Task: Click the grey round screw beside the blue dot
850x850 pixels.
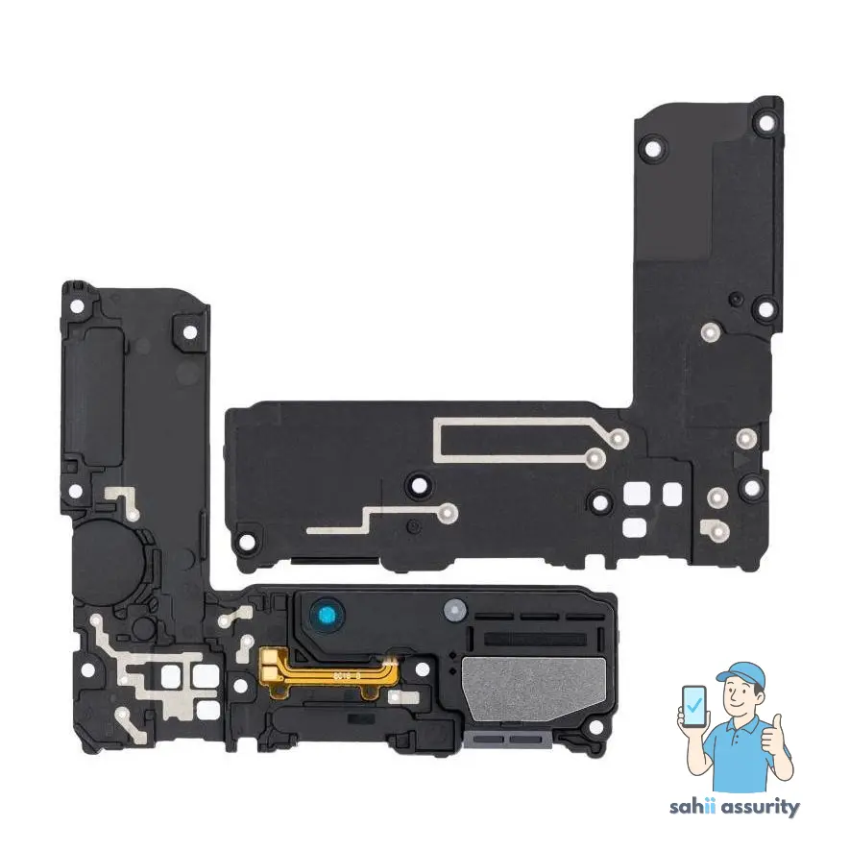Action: pos(454,609)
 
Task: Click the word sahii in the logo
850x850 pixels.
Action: pos(692,808)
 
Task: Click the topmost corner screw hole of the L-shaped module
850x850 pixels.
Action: pos(765,122)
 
